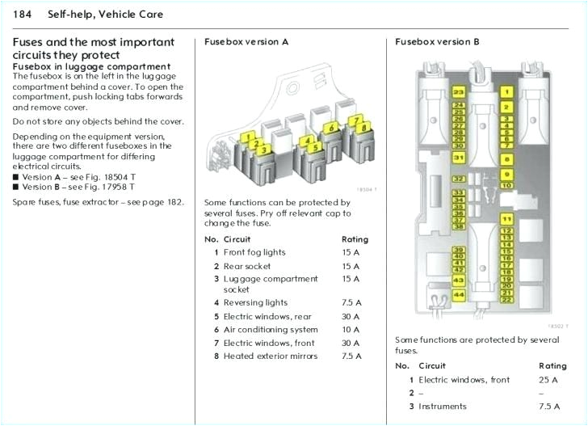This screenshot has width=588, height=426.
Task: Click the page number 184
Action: (23, 15)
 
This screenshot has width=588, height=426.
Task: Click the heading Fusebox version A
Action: (246, 41)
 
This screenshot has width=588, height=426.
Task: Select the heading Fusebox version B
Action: (437, 41)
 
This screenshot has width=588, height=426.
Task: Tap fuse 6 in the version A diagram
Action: (330, 127)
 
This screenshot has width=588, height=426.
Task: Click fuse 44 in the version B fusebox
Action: (458, 295)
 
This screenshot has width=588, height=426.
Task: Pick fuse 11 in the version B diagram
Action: (506, 219)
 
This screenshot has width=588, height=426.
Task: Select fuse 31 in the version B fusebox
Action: (458, 158)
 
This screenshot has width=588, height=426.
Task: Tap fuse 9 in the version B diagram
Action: (506, 174)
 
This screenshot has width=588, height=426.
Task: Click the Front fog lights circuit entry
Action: (254, 252)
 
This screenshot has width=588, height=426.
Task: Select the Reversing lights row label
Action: (255, 303)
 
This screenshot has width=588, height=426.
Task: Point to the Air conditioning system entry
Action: (271, 330)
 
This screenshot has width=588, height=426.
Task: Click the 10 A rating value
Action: (351, 330)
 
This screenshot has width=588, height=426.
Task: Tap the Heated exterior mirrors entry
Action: (271, 356)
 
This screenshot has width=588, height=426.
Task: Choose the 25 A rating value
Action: (548, 380)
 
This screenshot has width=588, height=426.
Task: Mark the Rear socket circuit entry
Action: (247, 266)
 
